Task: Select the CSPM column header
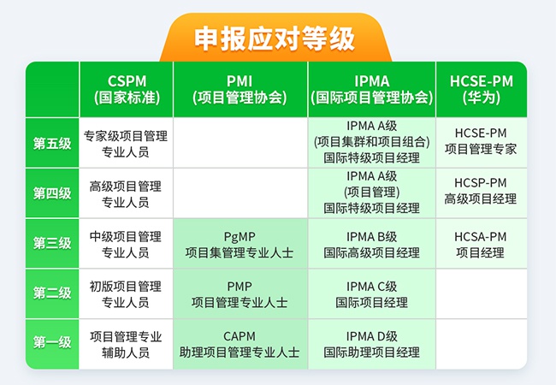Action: pos(127,89)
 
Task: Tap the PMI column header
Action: pos(240,89)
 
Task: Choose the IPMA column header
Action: pos(371,89)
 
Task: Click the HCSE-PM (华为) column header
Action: pos(481,89)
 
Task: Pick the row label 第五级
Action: pos(52,143)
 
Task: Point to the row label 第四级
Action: pos(52,193)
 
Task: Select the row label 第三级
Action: pos(52,243)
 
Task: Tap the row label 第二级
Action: pos(52,293)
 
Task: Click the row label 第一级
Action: pos(52,343)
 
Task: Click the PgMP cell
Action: pos(240,244)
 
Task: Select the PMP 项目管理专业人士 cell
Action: pos(240,293)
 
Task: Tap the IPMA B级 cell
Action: pos(371,244)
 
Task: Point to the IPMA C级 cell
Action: pos(371,293)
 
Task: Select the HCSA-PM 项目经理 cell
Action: pos(481,244)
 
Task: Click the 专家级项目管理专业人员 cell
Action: pos(127,143)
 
